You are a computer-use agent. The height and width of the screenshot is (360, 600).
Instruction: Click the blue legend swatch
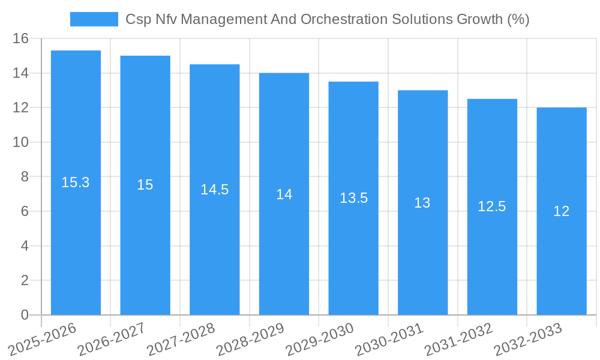(94, 19)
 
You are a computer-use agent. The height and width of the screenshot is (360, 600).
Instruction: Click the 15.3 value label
(76, 182)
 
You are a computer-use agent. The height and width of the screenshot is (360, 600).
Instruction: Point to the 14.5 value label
(215, 190)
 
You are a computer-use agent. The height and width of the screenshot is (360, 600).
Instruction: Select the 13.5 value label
(353, 198)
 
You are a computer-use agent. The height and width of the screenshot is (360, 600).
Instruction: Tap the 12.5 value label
(492, 206)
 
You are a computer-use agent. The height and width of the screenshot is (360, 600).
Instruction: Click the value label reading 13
(422, 203)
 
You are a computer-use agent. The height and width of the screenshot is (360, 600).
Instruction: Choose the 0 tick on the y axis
(25, 315)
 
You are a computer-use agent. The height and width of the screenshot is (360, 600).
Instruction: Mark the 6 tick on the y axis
(25, 212)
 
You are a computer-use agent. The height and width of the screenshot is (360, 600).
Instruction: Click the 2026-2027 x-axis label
(111, 339)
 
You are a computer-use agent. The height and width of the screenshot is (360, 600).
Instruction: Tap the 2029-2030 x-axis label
(319, 339)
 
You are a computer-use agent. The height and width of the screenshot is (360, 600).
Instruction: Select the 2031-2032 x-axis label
(458, 339)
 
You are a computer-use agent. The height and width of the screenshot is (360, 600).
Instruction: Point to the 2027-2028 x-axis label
(181, 339)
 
